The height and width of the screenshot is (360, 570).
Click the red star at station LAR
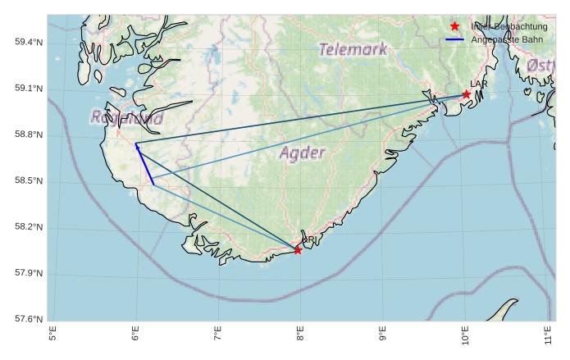pos(467,94)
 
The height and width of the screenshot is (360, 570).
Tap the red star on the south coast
pos(298,250)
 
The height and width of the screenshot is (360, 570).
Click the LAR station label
pos(479,84)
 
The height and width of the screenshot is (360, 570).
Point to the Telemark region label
pos(353,49)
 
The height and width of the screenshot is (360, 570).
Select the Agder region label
pos(303,153)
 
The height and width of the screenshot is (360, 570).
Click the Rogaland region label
pos(127,118)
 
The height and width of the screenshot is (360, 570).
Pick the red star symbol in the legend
pos(454,26)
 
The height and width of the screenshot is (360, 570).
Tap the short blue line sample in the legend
pos(454,39)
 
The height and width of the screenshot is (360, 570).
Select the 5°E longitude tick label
pos(53,335)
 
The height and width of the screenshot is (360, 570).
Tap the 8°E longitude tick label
pos(300,335)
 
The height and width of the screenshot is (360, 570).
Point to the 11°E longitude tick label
pos(548,335)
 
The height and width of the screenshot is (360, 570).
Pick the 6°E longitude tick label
pos(135,335)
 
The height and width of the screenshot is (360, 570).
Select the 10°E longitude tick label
pos(465,335)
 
